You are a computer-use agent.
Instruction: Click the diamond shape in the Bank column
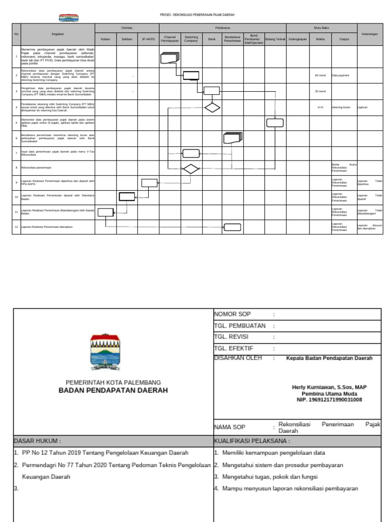pyautogui.click(x=212, y=107)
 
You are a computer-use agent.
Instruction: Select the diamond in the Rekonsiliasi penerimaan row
pyautogui.click(x=191, y=169)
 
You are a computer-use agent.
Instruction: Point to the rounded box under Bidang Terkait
pyautogui.click(x=275, y=122)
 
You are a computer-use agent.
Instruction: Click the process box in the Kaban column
pyautogui.click(x=105, y=213)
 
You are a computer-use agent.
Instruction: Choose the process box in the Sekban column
pyautogui.click(x=127, y=196)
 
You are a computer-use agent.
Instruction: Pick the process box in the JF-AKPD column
pyautogui.click(x=149, y=183)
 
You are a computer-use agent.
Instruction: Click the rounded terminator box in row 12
pyautogui.click(x=233, y=227)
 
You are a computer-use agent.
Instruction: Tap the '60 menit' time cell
pyautogui.click(x=320, y=75)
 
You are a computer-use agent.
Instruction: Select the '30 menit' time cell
pyautogui.click(x=320, y=92)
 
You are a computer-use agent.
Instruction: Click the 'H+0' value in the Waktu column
pyautogui.click(x=320, y=108)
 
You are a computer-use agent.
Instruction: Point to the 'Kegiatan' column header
pyautogui.click(x=58, y=34)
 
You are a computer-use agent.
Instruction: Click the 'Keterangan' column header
pyautogui.click(x=370, y=34)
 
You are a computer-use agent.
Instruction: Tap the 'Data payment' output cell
pyautogui.click(x=340, y=75)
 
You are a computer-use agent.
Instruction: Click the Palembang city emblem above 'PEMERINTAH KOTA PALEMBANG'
pyautogui.click(x=105, y=352)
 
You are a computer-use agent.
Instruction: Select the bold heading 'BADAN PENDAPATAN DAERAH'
pyautogui.click(x=113, y=390)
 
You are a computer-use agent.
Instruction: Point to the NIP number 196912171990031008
pyautogui.click(x=329, y=400)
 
